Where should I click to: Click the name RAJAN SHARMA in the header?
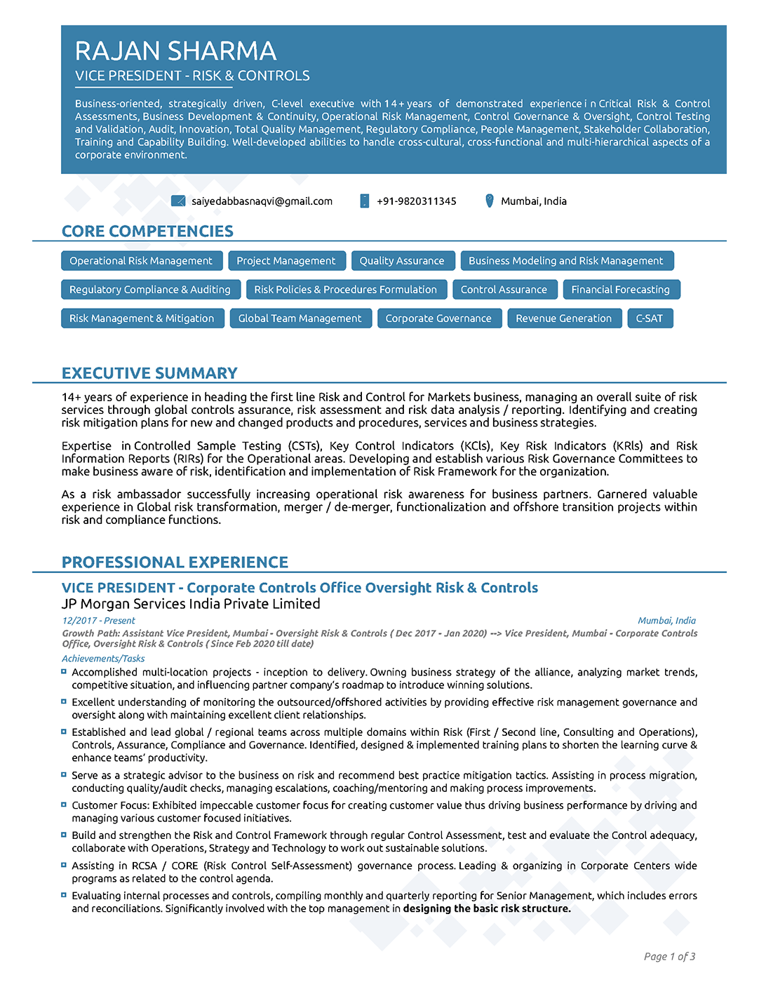point(175,51)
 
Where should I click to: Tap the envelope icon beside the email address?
point(178,201)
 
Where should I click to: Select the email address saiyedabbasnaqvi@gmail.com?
point(262,201)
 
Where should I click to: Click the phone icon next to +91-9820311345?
point(365,201)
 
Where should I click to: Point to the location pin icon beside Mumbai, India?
point(490,201)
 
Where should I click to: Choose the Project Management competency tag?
point(286,261)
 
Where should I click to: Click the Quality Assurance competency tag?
point(402,261)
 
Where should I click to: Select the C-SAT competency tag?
point(649,318)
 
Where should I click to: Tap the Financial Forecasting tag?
point(620,290)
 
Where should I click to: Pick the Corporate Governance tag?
point(438,318)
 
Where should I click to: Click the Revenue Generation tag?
point(563,318)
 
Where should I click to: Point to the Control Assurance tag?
point(504,290)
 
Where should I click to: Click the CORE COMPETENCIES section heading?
point(147,231)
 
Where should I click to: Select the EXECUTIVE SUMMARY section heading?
point(149,373)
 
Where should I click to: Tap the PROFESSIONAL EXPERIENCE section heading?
point(175,563)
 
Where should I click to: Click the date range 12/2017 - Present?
point(98,621)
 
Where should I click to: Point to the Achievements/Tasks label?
point(103,659)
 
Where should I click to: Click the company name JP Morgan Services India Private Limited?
point(191,604)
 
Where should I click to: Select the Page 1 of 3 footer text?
point(669,957)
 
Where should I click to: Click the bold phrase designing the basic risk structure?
point(487,909)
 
